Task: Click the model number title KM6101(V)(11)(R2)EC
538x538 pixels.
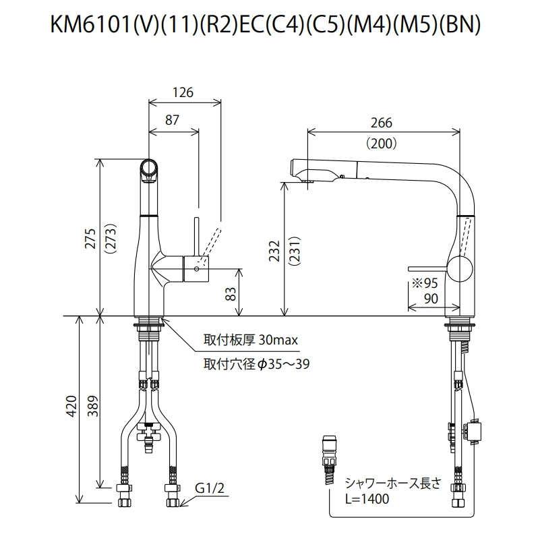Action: pyautogui.click(x=268, y=25)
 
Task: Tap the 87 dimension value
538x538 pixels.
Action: pyautogui.click(x=172, y=119)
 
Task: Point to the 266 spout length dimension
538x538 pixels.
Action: pyautogui.click(x=381, y=123)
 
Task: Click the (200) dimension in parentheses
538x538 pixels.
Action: pyautogui.click(x=381, y=143)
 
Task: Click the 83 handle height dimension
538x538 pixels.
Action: pyautogui.click(x=230, y=293)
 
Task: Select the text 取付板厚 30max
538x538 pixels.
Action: pyautogui.click(x=250, y=340)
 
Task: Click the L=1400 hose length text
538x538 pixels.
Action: pyautogui.click(x=366, y=499)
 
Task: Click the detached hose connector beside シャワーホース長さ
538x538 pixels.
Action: pyautogui.click(x=330, y=458)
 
